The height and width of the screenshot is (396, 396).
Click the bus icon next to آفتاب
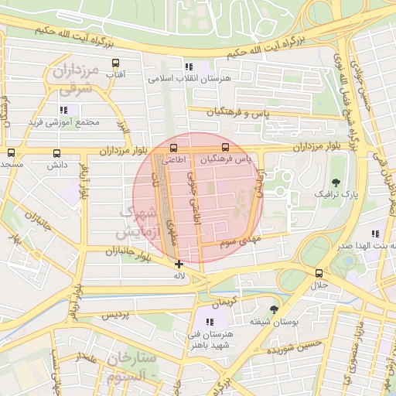[116, 63]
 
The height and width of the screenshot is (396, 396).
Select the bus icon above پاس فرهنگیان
[226, 146]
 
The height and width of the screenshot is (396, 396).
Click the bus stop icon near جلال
[319, 273]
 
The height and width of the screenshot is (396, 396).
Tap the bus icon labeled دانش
[56, 153]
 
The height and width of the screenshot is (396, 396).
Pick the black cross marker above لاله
[179, 264]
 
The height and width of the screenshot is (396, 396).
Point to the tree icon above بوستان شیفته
[271, 309]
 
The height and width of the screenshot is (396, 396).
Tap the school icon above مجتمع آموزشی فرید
[63, 111]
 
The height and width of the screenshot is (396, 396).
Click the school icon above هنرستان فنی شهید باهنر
[210, 321]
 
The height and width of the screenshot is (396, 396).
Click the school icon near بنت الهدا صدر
[375, 234]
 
